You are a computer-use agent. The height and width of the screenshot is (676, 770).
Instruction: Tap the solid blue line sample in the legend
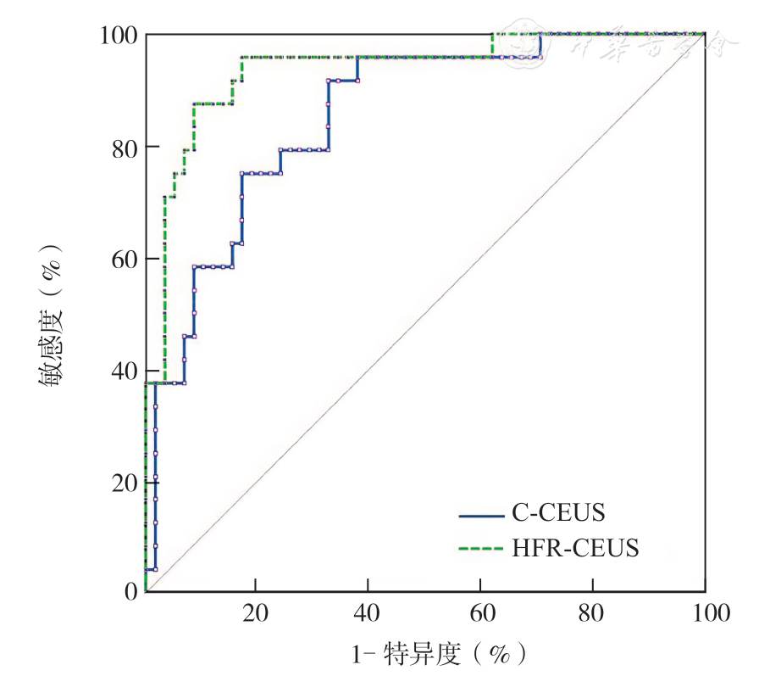pos(481,514)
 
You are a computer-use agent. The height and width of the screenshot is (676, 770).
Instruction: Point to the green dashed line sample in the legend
pos(481,550)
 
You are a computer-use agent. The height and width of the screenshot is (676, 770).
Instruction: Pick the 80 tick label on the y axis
pos(124,147)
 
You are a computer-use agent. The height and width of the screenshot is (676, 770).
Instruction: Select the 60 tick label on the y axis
pos(124,259)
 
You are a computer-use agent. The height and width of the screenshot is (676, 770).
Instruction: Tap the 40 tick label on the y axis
pos(124,371)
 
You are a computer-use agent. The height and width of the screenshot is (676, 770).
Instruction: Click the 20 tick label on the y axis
pos(124,482)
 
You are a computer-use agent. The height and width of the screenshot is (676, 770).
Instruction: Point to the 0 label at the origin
pos(130,591)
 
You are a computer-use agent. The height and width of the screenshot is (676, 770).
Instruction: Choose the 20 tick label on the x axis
pos(255,613)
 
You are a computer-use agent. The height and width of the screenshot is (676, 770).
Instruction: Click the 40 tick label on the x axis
pos(368,613)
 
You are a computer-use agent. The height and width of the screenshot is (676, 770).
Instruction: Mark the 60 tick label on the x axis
pos(480,613)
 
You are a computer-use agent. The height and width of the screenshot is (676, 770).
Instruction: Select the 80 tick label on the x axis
pos(592,613)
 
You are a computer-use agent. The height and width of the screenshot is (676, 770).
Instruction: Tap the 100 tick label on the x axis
pos(705,613)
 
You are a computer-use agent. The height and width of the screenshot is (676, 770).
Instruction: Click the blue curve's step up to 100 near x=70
pos(540,45)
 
